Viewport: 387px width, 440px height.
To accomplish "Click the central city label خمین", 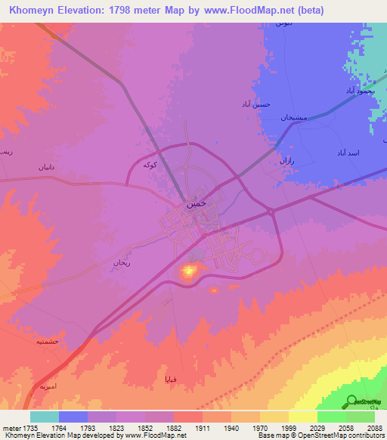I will (194, 203).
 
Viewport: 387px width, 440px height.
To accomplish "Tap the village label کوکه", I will (150, 164).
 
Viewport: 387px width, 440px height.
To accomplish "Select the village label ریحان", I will (122, 262).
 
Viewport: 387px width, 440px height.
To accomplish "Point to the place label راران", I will (286, 160).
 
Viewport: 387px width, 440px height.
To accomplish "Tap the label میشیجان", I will (291, 118).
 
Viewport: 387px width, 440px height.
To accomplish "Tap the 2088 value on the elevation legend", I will (374, 427).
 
